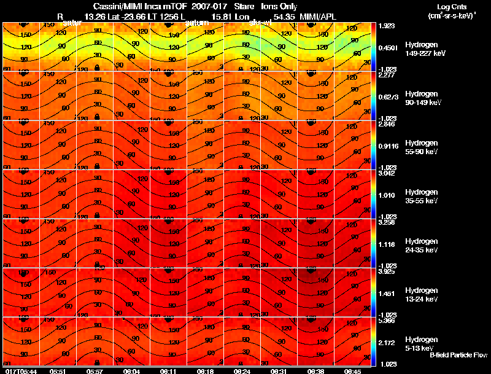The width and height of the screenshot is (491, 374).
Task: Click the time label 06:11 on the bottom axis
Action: (x=168, y=371)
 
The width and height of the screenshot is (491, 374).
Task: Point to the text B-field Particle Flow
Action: (x=458, y=355)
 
